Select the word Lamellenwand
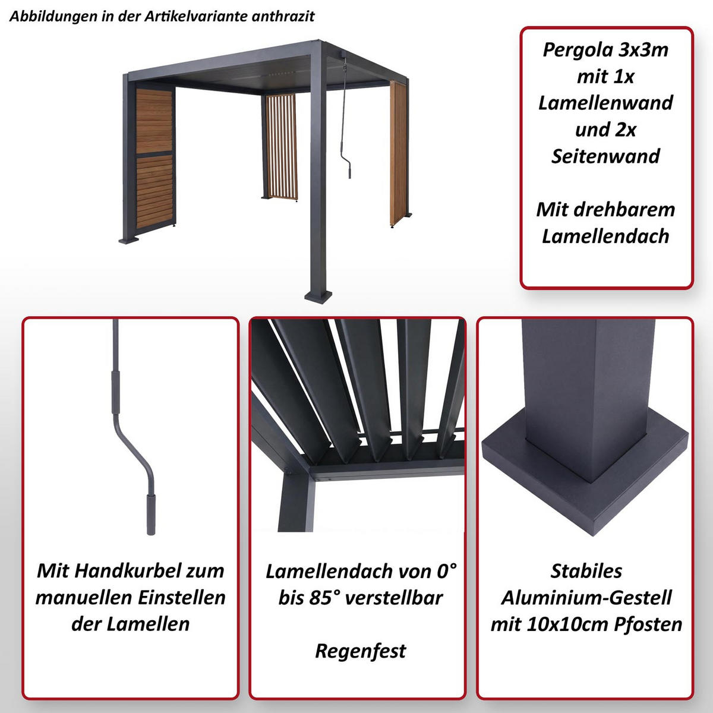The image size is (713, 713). tap(605, 103)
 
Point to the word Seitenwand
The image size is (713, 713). tap(605, 156)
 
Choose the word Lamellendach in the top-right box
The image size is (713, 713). tap(605, 236)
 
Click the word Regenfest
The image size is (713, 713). tap(360, 651)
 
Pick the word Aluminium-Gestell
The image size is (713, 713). tap(586, 598)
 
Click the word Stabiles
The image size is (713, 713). tap(586, 571)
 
